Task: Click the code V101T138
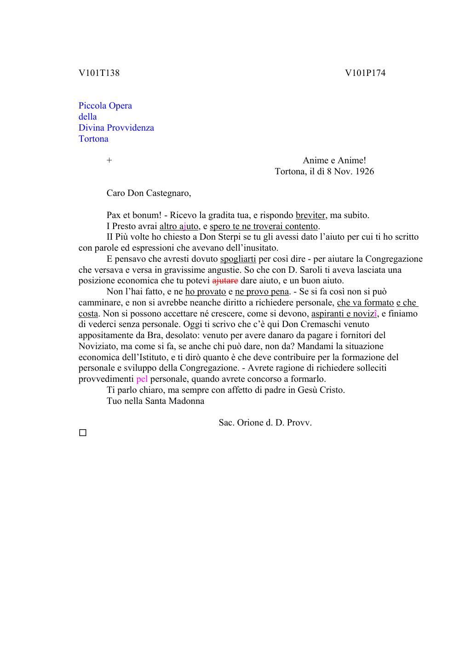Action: [x=99, y=73]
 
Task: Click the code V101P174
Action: [x=365, y=73]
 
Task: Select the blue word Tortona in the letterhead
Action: [x=93, y=139]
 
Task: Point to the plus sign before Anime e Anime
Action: [x=109, y=161]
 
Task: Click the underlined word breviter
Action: [x=310, y=215]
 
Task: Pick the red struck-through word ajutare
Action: [x=225, y=281]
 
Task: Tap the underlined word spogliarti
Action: [x=238, y=259]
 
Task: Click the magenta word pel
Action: [x=142, y=379]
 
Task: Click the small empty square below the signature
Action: [x=83, y=433]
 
